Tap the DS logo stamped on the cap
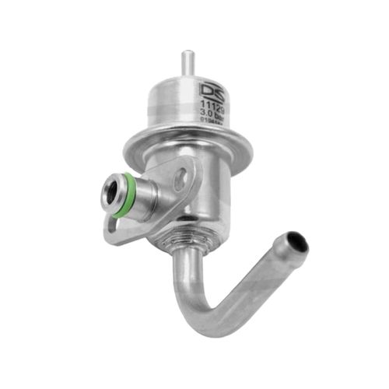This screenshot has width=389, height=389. click(212, 87)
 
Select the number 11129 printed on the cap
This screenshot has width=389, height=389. click(212, 102)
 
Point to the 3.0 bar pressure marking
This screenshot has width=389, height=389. click(212, 113)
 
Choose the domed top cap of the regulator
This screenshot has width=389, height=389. click(191, 97)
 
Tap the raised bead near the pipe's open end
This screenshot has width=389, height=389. click(280, 249)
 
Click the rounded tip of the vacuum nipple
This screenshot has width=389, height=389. click(187, 54)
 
